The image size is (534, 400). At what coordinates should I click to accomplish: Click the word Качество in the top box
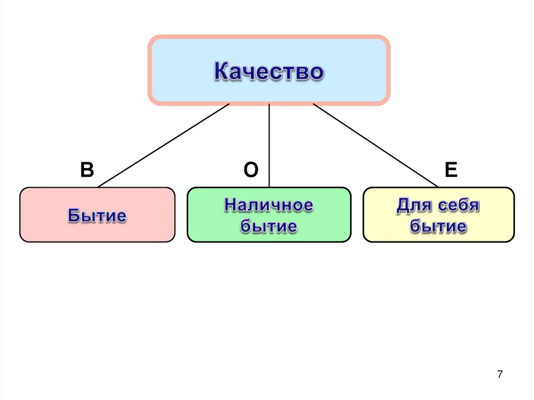point(269,71)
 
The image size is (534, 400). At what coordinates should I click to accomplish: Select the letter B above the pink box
point(87,170)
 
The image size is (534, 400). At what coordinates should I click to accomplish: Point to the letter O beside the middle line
point(251,171)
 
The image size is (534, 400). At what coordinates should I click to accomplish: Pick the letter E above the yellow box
point(451,170)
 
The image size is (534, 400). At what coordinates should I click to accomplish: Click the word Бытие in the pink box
point(97,215)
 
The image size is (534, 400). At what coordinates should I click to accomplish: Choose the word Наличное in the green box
point(269,205)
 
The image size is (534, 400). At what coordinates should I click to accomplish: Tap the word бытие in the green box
point(269,226)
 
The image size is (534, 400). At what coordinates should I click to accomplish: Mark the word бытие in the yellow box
point(438,226)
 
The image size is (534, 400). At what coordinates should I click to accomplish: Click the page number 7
point(500,374)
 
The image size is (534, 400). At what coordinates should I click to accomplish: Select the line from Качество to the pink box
point(163,145)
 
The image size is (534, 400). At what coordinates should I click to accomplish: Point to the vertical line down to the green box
point(269,146)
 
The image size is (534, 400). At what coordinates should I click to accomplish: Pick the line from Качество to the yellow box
point(375,145)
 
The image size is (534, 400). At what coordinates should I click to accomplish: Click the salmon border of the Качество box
point(269,38)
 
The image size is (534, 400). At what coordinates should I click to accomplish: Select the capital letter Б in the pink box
point(73,215)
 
